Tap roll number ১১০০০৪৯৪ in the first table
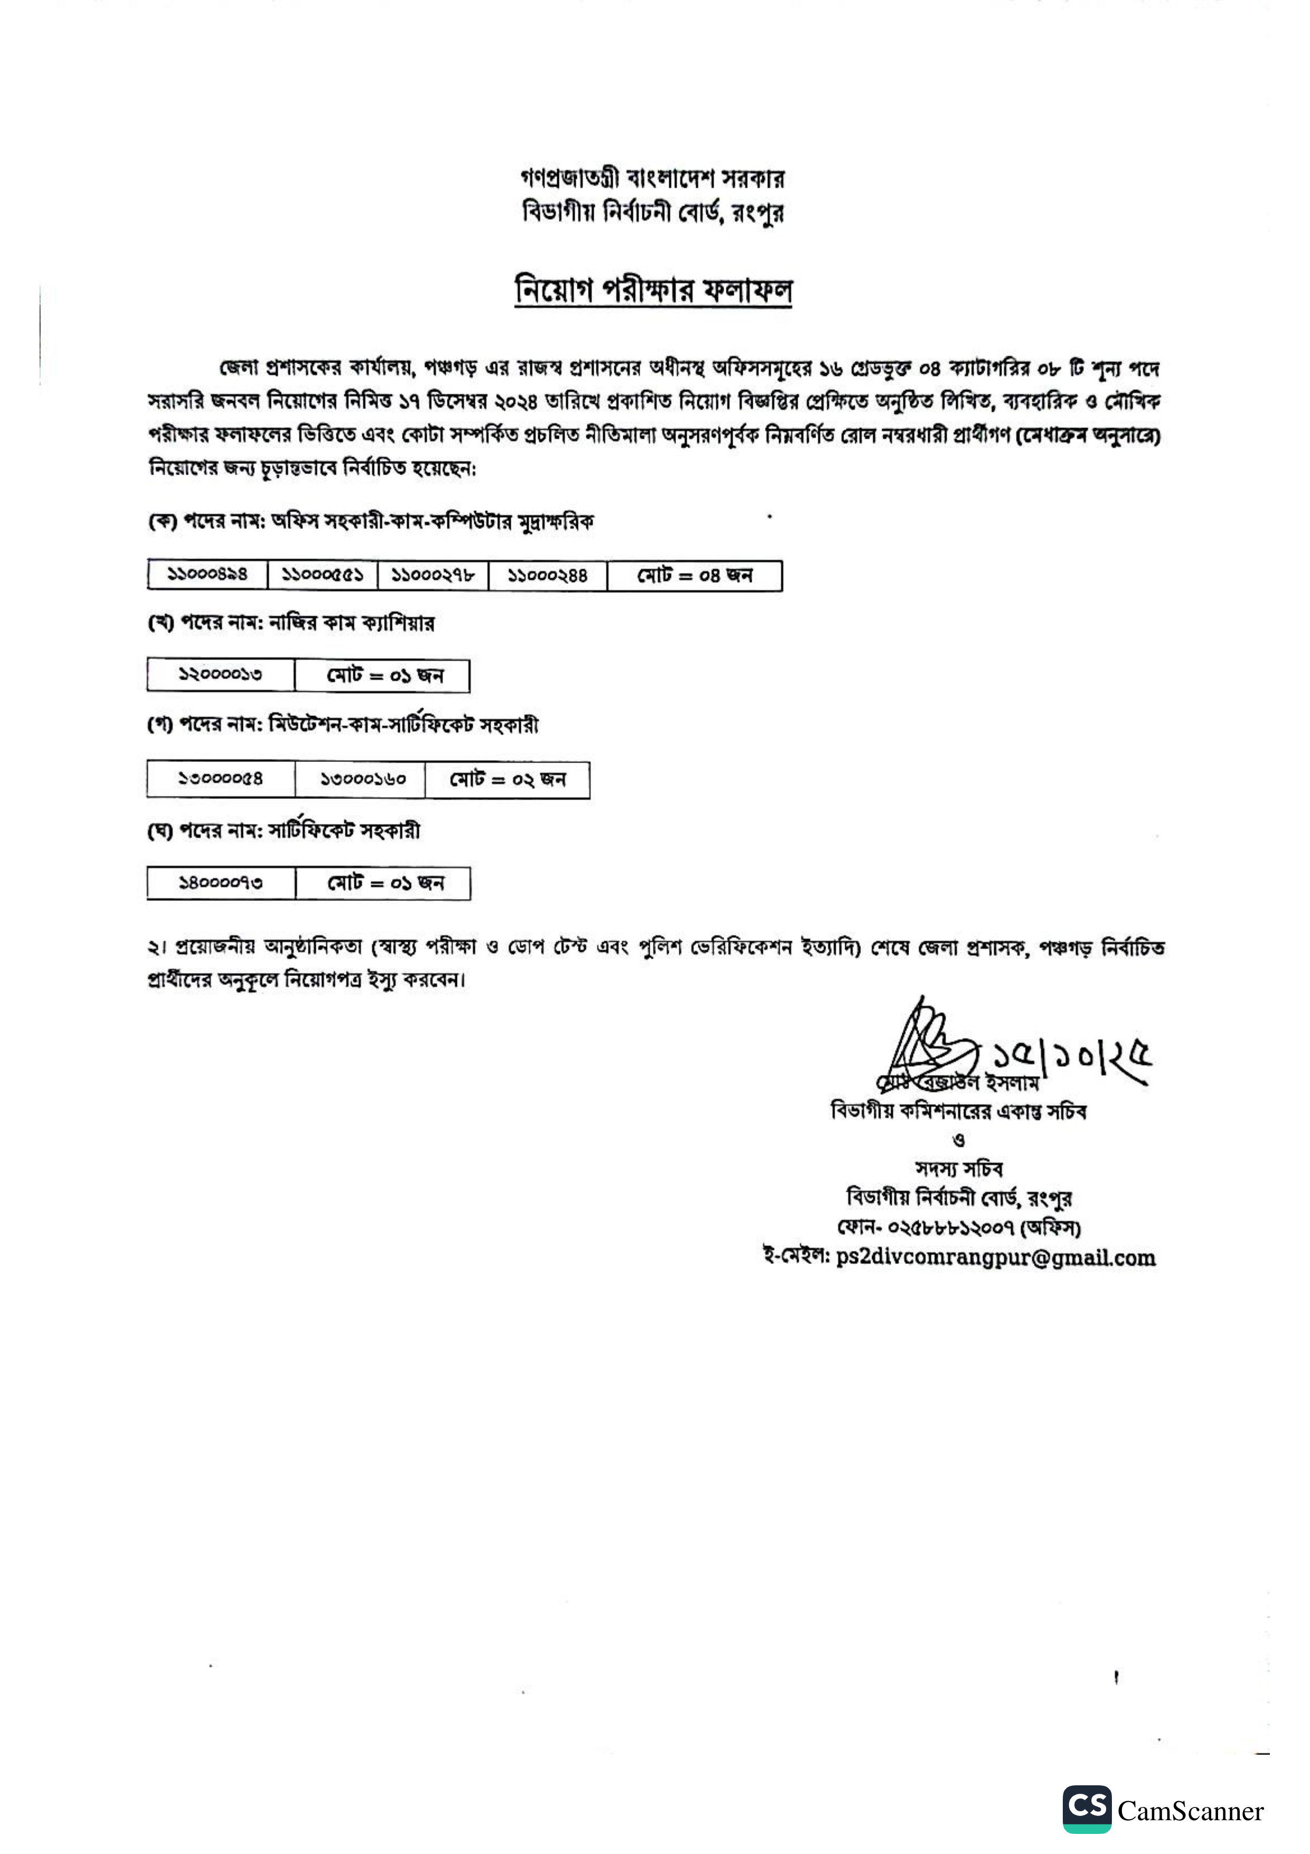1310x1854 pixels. [208, 575]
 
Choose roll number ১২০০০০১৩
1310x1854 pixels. [220, 675]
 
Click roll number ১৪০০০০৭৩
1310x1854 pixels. [220, 882]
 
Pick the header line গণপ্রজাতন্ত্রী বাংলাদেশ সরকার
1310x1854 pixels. [652, 178]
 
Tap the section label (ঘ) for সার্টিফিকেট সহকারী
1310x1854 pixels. [161, 831]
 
